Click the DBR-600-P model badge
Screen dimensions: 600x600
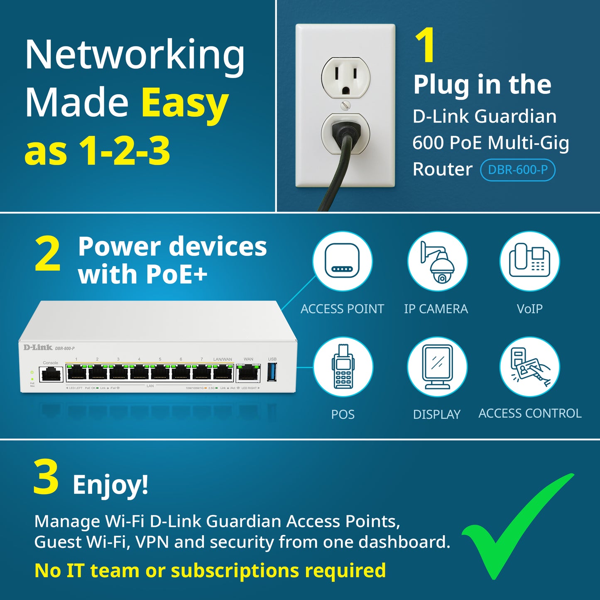[x=517, y=170]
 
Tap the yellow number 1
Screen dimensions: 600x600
[x=425, y=46]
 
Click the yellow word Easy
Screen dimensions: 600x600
[x=185, y=103]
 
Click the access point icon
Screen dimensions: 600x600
[x=342, y=261]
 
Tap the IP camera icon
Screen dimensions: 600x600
[x=437, y=261]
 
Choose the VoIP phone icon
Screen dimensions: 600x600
[x=529, y=261]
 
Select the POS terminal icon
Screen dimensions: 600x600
[x=343, y=367]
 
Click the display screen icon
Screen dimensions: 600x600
[x=437, y=367]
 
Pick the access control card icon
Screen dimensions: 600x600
[x=530, y=367]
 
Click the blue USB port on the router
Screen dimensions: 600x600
[x=272, y=372]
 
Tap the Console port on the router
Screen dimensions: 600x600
[x=51, y=374]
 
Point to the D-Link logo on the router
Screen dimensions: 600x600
[x=38, y=348]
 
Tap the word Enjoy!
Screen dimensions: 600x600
[x=110, y=484]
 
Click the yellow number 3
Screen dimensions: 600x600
[x=46, y=478]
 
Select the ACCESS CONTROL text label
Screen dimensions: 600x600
[x=530, y=413]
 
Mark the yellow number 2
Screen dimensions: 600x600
[x=48, y=254]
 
